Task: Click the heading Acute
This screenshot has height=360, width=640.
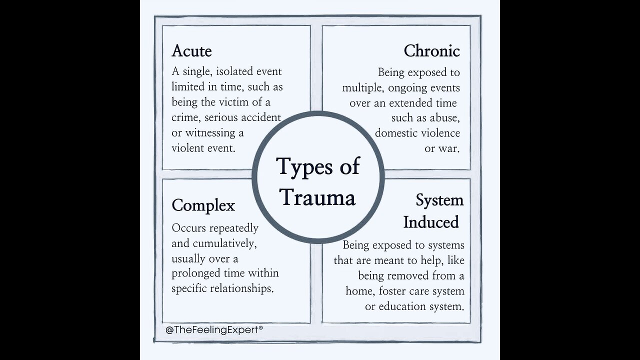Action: (x=191, y=51)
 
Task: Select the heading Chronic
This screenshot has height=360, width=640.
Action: (x=431, y=51)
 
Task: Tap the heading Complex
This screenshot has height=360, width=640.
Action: (x=203, y=205)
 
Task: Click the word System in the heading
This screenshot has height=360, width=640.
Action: (x=439, y=200)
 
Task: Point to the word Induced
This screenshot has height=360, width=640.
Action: (x=431, y=222)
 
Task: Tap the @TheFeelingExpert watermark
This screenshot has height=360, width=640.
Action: (x=214, y=330)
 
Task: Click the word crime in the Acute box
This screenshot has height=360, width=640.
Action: (x=185, y=118)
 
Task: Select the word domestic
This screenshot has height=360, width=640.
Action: (x=396, y=133)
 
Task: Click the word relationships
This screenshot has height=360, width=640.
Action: (x=245, y=289)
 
